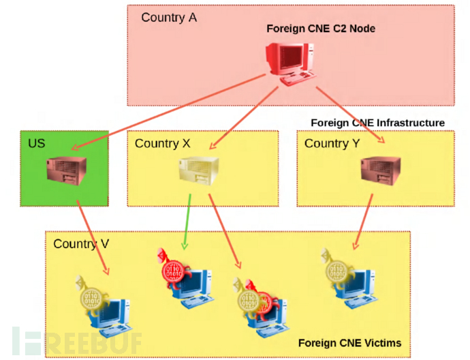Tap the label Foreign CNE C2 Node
pos(320,29)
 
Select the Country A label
pos(169,17)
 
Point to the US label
pos(37,143)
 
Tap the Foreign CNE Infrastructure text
pos(377,123)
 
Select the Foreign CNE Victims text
pos(349,342)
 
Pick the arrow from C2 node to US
pos(170,112)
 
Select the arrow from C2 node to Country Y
pos(351,112)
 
